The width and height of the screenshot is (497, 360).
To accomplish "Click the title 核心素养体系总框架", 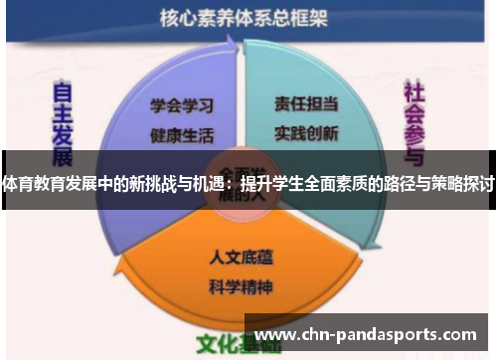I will (x=246, y=17).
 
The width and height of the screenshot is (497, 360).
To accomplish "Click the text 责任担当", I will (x=307, y=102).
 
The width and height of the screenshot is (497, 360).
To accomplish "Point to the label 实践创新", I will (x=307, y=130).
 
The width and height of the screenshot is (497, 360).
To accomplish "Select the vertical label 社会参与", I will (x=414, y=123).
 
